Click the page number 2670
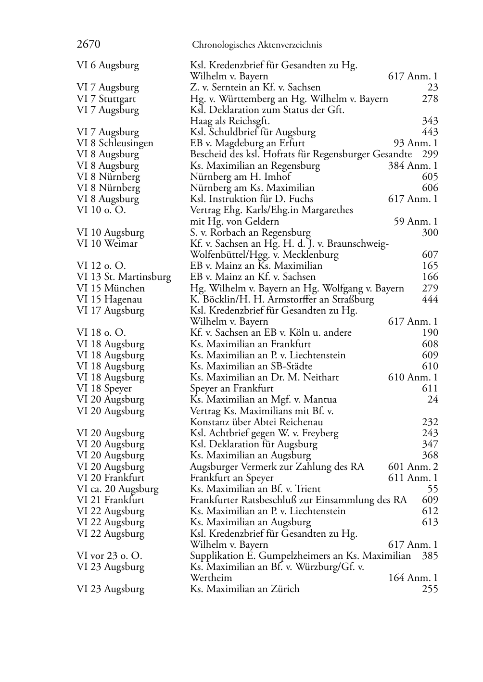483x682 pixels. (89, 44)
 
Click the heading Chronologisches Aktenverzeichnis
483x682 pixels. (257, 45)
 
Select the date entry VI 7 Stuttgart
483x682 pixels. (106, 99)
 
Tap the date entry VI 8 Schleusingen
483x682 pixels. (115, 143)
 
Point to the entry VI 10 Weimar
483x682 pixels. (107, 243)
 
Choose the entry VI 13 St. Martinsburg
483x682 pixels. (124, 277)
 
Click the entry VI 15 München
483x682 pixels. (111, 288)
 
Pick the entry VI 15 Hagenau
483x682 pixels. (109, 299)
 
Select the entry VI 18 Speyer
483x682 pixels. (104, 388)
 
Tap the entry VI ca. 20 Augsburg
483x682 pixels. (117, 489)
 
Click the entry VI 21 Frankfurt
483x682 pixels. (110, 500)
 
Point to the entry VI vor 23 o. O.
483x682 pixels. (109, 556)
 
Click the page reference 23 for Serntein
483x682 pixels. (432, 87)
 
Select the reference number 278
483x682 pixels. (430, 99)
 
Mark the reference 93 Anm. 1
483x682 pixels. (416, 143)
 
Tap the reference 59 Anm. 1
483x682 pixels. (416, 221)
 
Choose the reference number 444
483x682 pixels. (430, 299)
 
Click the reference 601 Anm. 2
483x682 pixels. (413, 467)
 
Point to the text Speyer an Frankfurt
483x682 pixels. (231, 388)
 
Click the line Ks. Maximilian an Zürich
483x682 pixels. (244, 589)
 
